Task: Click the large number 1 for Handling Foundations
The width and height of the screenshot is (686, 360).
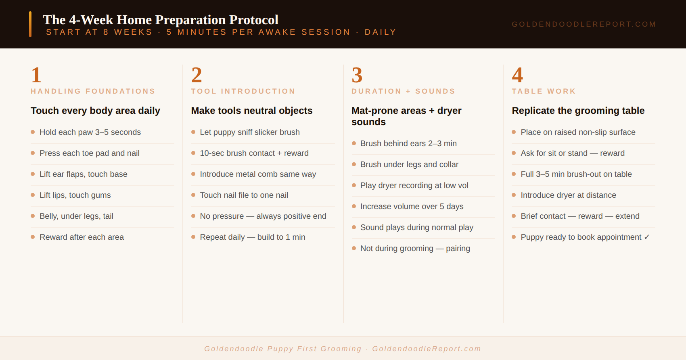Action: (36, 75)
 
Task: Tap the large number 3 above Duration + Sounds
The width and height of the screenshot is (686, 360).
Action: (357, 75)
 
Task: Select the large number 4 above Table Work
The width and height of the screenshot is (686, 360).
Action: (517, 75)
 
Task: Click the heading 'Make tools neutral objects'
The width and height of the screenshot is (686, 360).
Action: (252, 111)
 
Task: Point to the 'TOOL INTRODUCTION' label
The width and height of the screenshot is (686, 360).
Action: (243, 91)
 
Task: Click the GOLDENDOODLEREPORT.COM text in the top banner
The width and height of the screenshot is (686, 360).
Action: (584, 24)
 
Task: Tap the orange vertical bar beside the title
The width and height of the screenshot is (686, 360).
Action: (30, 24)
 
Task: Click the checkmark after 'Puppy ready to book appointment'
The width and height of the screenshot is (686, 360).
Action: (646, 237)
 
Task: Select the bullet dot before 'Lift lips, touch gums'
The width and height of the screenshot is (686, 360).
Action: (33, 195)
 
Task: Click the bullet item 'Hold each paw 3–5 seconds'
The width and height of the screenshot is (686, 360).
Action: (90, 132)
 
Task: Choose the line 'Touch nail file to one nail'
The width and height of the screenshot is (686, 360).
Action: (244, 195)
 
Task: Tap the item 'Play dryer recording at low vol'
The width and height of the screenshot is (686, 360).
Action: (414, 185)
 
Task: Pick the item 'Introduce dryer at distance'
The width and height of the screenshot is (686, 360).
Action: (569, 195)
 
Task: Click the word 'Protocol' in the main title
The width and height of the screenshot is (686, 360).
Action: (253, 20)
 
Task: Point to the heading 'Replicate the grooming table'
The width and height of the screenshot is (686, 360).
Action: (578, 111)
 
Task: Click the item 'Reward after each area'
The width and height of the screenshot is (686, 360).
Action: (82, 237)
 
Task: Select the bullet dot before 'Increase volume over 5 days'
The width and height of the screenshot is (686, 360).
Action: (354, 206)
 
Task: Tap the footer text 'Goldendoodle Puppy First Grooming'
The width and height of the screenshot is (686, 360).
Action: (283, 349)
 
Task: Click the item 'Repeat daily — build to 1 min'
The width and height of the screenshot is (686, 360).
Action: (253, 237)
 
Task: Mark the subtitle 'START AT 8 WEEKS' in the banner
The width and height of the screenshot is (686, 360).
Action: (99, 32)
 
